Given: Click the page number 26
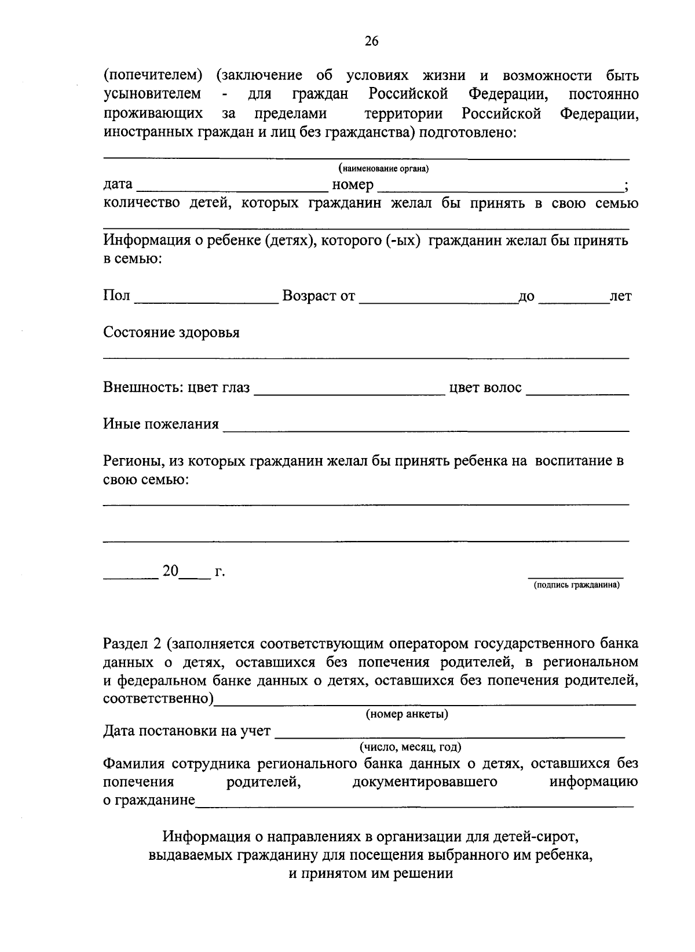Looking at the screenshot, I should click(x=371, y=41).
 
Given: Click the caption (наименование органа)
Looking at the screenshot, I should click(x=384, y=169).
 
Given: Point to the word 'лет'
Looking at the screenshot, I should click(x=620, y=297).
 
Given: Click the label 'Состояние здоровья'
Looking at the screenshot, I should click(x=171, y=333).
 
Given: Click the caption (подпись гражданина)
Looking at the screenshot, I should click(x=576, y=586).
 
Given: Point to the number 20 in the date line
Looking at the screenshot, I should click(x=170, y=571).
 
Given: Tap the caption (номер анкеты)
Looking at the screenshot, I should click(x=407, y=714).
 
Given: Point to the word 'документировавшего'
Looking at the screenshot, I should click(x=425, y=782).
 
